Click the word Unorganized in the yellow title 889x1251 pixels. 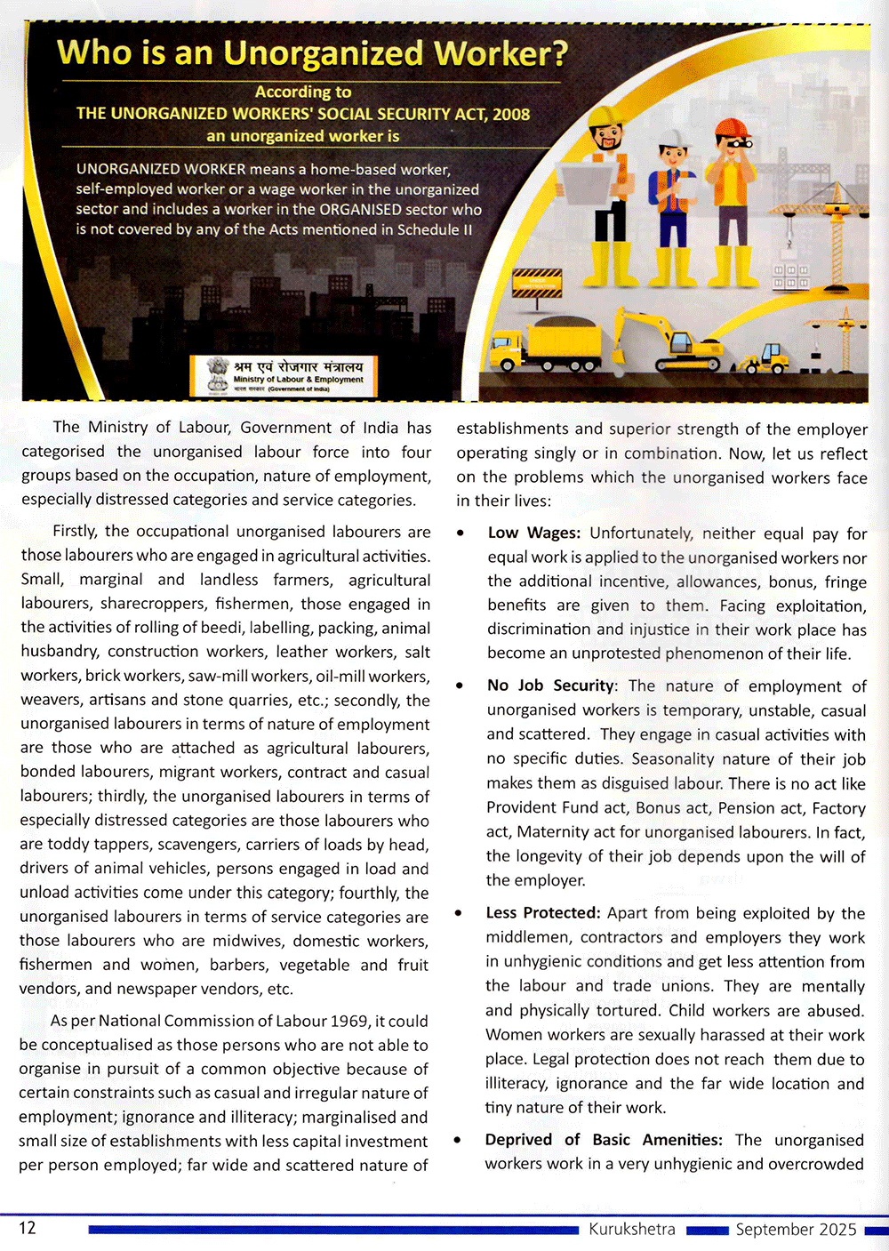tap(323, 54)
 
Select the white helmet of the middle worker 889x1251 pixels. tap(674, 138)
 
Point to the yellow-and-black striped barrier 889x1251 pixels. tap(537, 284)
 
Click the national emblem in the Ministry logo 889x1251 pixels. tap(217, 374)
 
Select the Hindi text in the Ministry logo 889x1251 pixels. tap(298, 366)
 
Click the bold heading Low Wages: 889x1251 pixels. tap(533, 533)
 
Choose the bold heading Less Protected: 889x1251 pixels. tap(543, 913)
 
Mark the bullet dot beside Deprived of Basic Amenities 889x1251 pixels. tap(458, 1141)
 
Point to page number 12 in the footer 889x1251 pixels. tap(28, 1228)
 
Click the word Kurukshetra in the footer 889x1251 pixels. tap(631, 1229)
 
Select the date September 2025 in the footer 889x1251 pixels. tap(796, 1229)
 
